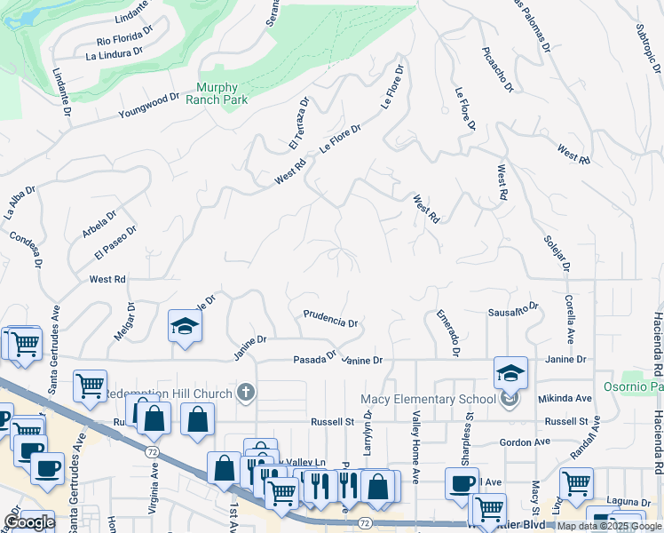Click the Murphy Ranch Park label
217,93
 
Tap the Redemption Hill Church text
170,393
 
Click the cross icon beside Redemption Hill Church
246,393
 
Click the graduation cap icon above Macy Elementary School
510,372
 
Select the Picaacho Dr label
497,69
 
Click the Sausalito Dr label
514,310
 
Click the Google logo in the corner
29,522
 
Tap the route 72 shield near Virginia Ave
153,452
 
